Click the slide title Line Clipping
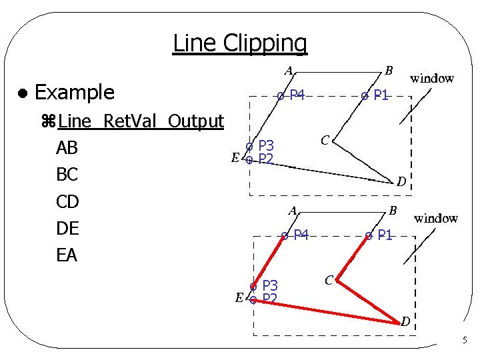pos(240,43)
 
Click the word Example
pos(74,92)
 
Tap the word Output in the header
pos(195,121)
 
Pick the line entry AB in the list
pos(67,147)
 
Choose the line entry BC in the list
pos(67,175)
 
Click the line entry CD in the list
pos(67,201)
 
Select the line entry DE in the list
pos(67,229)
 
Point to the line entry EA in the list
pos(67,255)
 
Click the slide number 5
pos(465,341)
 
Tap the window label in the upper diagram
pos(431,78)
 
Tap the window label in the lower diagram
pos(435,218)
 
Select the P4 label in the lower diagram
pos(301,235)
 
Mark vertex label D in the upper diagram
pos(401,181)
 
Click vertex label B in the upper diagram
pos(389,70)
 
